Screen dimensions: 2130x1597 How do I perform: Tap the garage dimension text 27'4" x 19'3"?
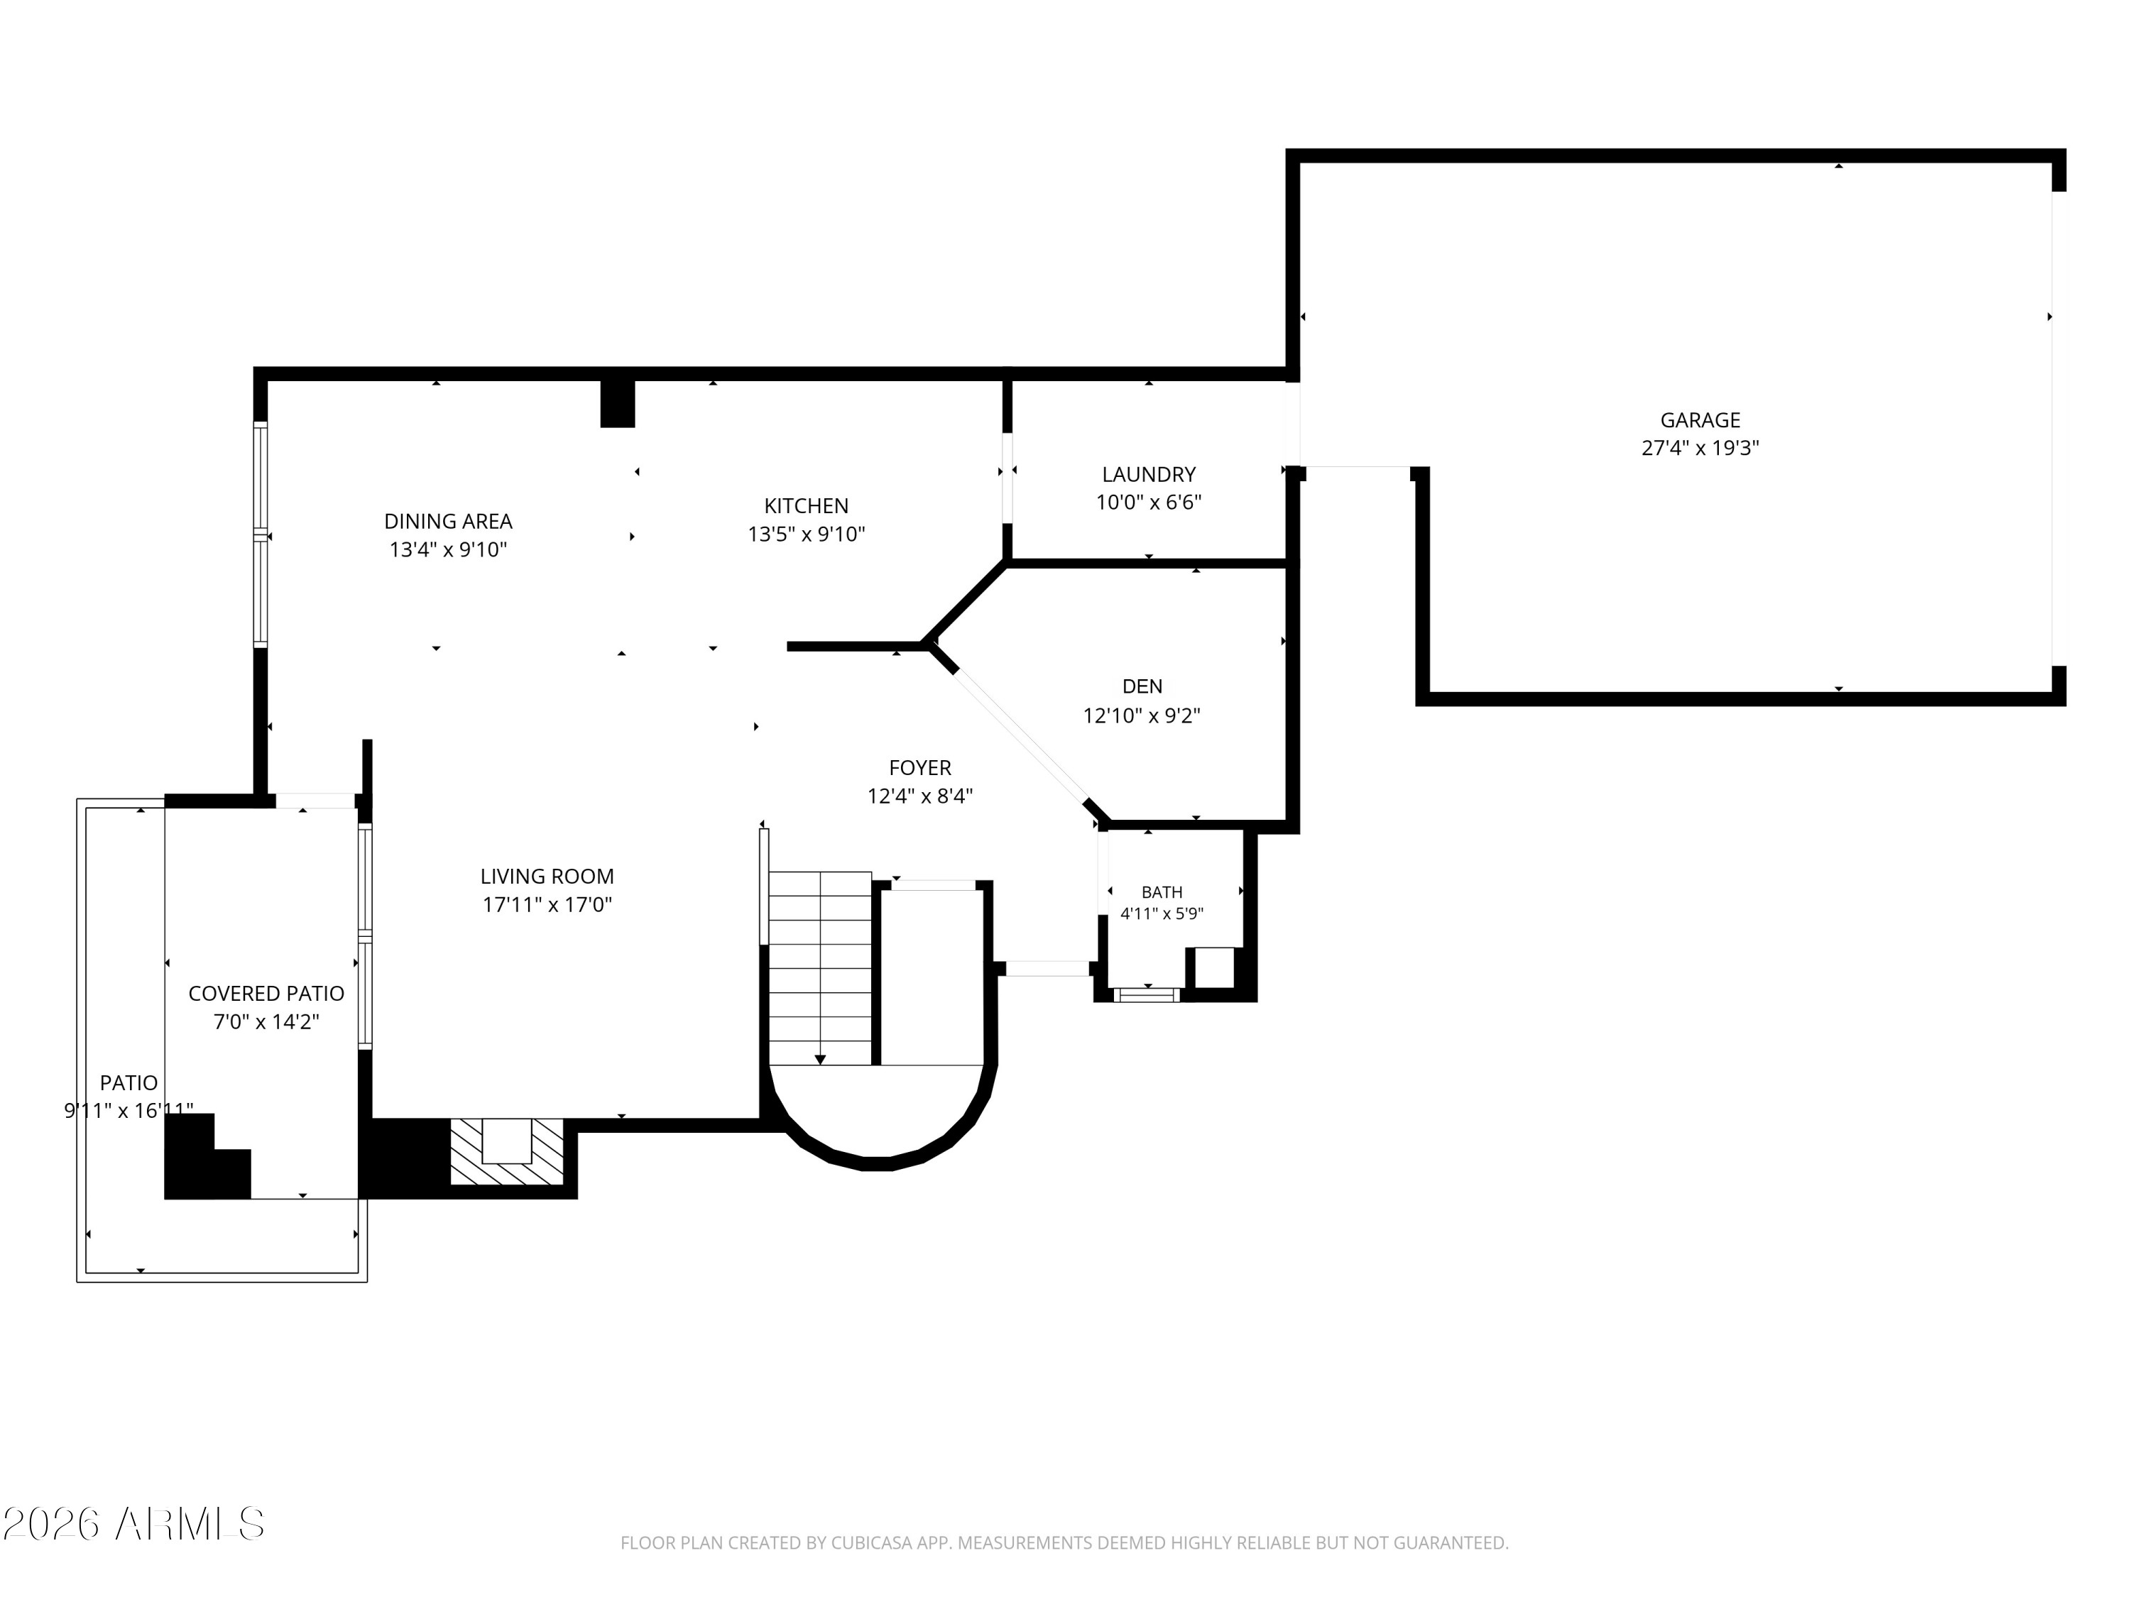click(1700, 448)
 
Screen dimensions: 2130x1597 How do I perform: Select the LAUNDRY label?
click(1149, 475)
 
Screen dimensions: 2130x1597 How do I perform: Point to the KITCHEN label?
click(806, 505)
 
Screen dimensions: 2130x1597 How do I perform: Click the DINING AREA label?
click(448, 521)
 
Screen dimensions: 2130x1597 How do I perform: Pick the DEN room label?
click(1142, 686)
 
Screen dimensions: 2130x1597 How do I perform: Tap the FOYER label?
click(919, 767)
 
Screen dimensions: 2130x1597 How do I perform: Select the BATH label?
click(1162, 892)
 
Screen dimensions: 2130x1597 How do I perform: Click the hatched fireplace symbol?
click(506, 1151)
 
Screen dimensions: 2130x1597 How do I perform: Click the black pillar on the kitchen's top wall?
click(617, 403)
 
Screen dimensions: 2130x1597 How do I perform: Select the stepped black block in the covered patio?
click(207, 1156)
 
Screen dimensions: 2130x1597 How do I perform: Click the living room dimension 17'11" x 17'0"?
click(547, 904)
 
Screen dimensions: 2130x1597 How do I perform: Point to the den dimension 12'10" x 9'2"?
click(1142, 715)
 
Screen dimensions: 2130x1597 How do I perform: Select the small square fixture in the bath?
click(1213, 967)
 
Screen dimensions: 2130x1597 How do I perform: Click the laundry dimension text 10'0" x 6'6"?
click(1149, 502)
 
